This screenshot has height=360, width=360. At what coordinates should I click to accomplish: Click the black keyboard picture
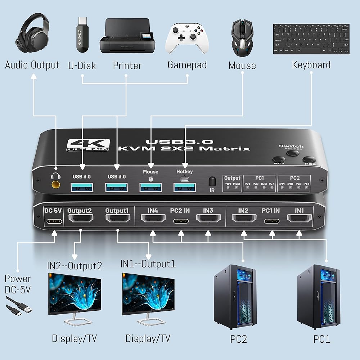311,39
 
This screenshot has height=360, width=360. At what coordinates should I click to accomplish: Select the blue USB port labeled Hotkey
184,188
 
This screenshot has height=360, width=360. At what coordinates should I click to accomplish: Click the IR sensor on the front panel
212,180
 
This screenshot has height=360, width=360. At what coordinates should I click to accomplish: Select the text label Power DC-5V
18,284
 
